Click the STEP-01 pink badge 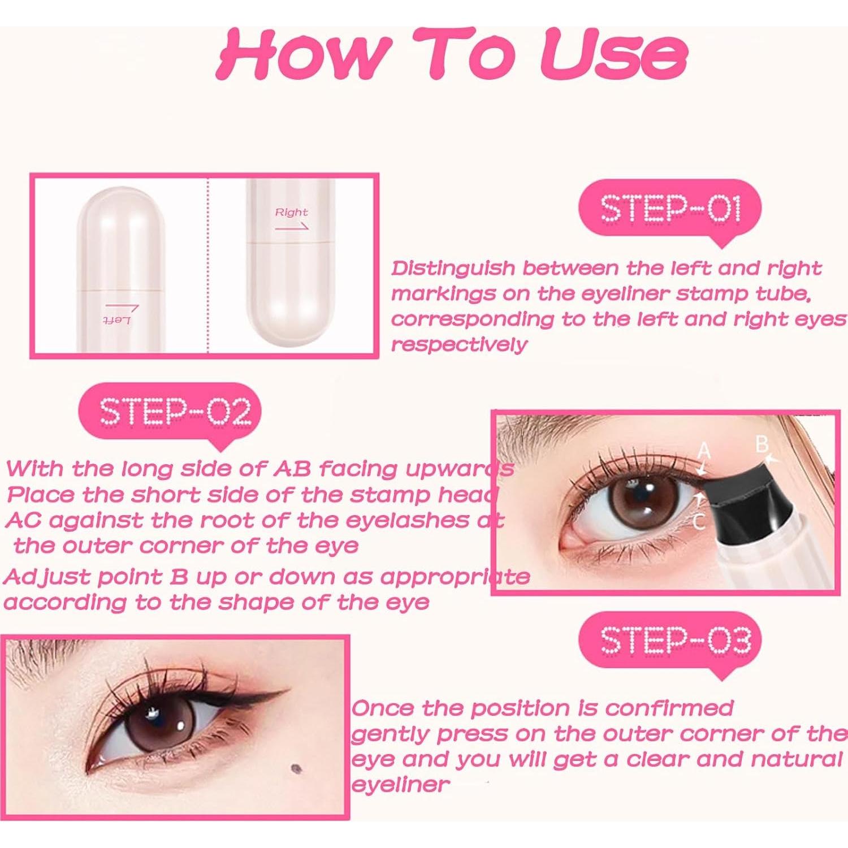670,209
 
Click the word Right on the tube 291,213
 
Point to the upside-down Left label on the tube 117,321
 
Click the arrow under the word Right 292,227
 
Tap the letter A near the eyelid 703,451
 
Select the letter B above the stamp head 762,444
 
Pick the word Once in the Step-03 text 382,708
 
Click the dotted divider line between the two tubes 207,266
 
